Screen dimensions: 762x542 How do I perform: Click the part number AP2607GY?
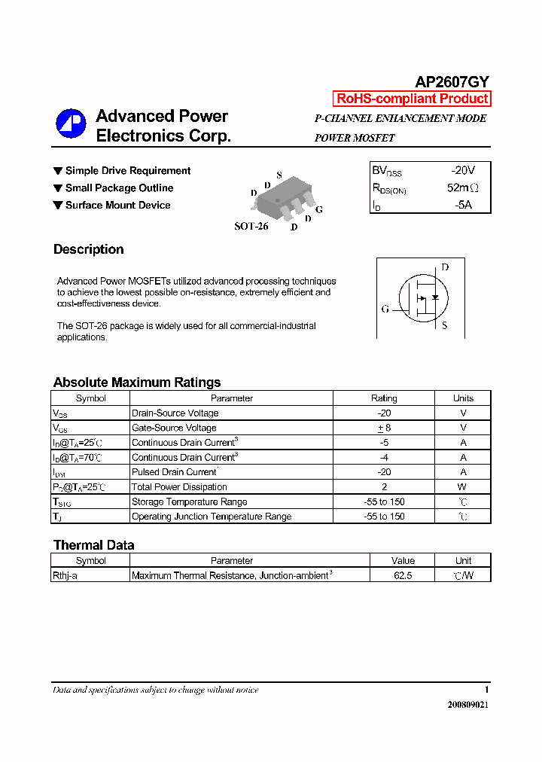point(452,83)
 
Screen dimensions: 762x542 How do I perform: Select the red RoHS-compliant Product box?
point(412,99)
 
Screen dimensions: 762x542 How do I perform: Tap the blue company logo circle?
point(72,124)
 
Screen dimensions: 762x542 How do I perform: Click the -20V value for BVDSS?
point(463,171)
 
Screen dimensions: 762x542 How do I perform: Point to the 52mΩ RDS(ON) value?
point(462,188)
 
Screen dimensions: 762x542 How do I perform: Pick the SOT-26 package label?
point(251,226)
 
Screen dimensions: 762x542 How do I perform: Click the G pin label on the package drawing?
point(319,209)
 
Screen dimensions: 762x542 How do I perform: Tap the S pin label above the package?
point(279,175)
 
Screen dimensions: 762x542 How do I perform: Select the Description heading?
point(88,249)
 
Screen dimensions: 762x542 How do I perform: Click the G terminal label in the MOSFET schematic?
point(385,309)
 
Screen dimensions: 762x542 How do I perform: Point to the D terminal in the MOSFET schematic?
point(445,267)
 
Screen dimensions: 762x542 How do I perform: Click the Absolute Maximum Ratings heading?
point(137,383)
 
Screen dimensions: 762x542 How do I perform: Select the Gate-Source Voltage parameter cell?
point(174,428)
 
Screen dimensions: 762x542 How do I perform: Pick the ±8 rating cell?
point(384,428)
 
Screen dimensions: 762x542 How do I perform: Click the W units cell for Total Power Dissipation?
point(463,487)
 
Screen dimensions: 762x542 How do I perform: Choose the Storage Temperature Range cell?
point(189,502)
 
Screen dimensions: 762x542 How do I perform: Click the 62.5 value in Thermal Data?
point(403,575)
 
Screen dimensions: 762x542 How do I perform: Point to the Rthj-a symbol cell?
point(69,575)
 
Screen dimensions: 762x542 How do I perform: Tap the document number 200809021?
point(467,705)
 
